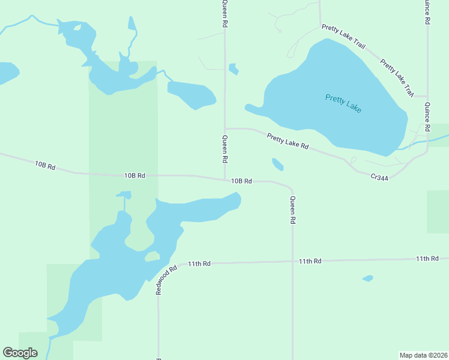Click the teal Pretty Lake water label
click(x=343, y=103)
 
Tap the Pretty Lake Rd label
click(x=288, y=142)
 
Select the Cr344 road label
click(x=379, y=177)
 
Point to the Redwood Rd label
click(x=166, y=280)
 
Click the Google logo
click(x=20, y=353)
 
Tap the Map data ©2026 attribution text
click(x=423, y=355)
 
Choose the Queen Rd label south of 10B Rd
click(x=292, y=210)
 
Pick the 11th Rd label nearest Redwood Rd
click(x=199, y=263)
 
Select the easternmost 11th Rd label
click(x=427, y=258)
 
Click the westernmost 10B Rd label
click(x=45, y=165)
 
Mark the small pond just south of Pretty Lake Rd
click(x=278, y=164)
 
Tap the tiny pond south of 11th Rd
click(x=368, y=278)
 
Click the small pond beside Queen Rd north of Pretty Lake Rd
click(x=234, y=69)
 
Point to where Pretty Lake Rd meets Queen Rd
click(x=225, y=128)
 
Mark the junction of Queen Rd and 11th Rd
click(x=292, y=262)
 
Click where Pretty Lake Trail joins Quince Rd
click(x=427, y=96)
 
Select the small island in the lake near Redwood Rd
click(x=152, y=257)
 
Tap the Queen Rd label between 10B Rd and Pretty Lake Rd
click(x=225, y=150)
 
